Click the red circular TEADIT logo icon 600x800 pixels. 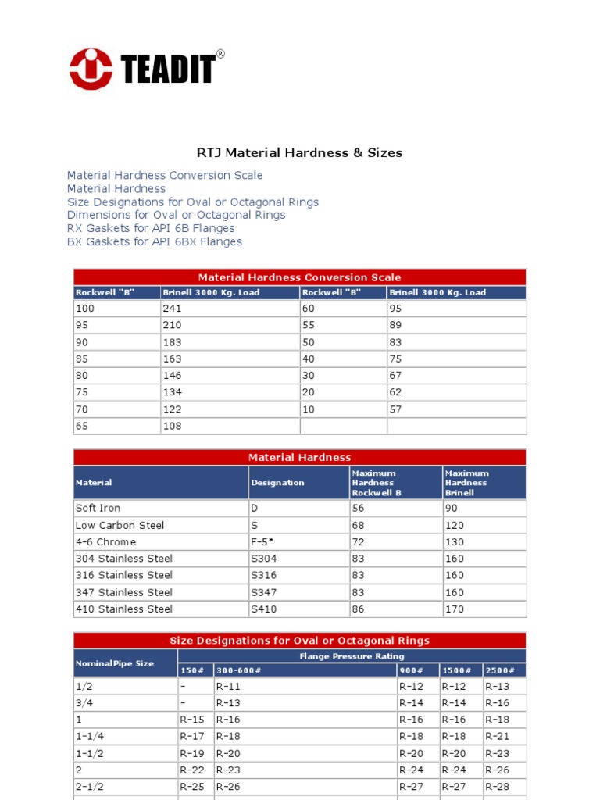click(91, 69)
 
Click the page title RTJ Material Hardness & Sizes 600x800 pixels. click(299, 153)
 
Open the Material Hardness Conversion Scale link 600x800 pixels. click(165, 176)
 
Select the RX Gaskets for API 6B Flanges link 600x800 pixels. click(151, 228)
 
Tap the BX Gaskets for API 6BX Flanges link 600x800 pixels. click(155, 242)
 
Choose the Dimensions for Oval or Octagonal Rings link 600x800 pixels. click(176, 215)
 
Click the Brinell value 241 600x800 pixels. click(172, 309)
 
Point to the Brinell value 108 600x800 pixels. click(172, 426)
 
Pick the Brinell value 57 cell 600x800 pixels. click(396, 409)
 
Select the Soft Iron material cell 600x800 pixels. click(98, 509)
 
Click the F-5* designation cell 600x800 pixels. click(263, 542)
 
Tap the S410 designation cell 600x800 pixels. click(263, 609)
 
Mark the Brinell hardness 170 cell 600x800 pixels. click(454, 609)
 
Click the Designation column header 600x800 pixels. click(277, 483)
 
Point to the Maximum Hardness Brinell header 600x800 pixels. click(467, 483)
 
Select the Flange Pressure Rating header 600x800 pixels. click(352, 656)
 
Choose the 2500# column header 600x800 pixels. click(500, 671)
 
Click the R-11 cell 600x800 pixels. click(228, 687)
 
